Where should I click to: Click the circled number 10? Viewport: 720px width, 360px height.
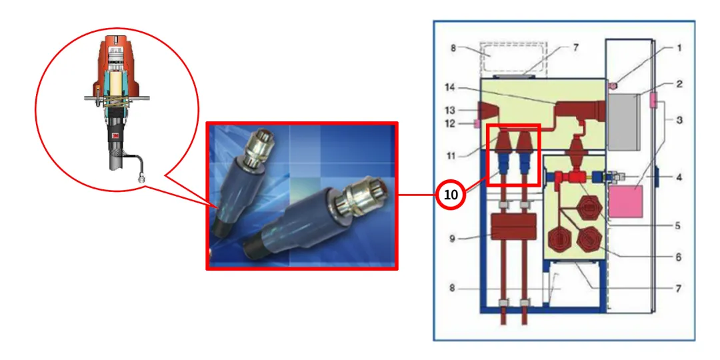451,195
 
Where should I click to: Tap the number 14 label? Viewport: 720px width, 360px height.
451,87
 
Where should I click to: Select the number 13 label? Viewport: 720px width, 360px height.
451,110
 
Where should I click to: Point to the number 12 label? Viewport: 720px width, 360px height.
451,123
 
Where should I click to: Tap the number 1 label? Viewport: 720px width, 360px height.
679,48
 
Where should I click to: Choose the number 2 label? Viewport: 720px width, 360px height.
679,85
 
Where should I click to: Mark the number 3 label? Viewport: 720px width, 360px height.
679,120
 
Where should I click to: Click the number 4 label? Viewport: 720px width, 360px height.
679,178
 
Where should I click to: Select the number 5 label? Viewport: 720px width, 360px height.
677,225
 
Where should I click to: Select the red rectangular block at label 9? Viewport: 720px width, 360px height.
514,228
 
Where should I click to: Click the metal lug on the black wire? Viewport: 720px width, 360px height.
142,178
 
